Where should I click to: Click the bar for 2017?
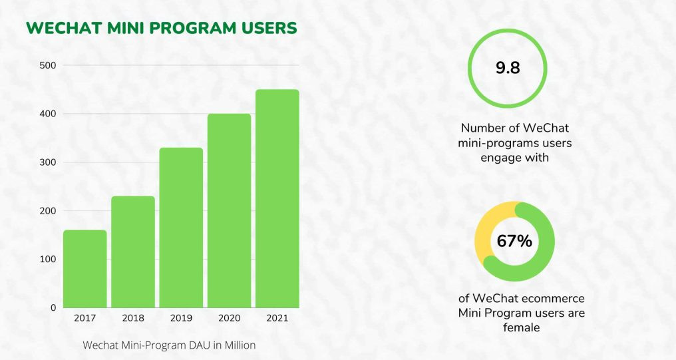click(x=84, y=269)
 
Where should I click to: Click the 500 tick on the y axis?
click(x=47, y=65)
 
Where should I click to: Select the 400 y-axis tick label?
click(x=47, y=114)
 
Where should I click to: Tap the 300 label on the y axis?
click(x=47, y=162)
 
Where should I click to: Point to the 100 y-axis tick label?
click(x=47, y=259)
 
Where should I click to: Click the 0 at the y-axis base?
click(x=53, y=307)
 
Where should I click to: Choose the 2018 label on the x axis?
click(x=133, y=318)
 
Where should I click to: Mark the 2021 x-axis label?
click(x=277, y=318)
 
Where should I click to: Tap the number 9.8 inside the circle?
click(x=508, y=69)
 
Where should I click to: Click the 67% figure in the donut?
click(x=514, y=241)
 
